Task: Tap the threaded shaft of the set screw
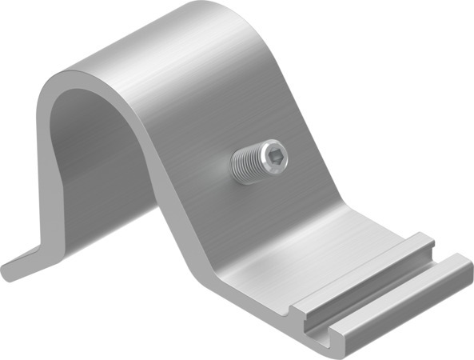(x=252, y=164)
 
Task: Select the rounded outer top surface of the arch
(x=160, y=48)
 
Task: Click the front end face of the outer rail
(x=336, y=339)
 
